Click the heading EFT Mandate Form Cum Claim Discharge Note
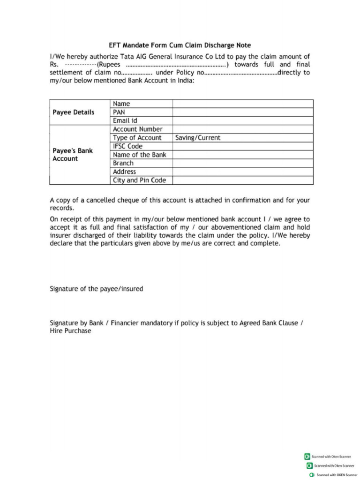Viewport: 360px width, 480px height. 180,45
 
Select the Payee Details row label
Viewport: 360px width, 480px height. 73,112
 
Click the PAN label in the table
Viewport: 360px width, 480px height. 119,112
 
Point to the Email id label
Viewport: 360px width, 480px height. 125,120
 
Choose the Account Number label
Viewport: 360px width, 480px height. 138,129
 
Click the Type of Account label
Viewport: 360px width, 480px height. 137,138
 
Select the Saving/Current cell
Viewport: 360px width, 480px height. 197,138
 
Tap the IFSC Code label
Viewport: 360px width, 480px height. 127,146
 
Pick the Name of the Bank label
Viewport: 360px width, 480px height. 139,155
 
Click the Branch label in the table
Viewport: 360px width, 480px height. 123,163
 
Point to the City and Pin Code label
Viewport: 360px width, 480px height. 139,180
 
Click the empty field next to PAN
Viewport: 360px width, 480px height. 242,112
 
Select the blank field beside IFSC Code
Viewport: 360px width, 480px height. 242,146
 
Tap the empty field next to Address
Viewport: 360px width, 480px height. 242,172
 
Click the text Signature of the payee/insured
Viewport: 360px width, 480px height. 97,289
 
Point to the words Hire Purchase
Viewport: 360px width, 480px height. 70,331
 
